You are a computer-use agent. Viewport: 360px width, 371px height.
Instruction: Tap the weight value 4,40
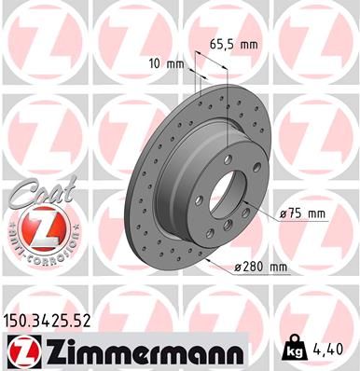(x=333, y=352)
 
